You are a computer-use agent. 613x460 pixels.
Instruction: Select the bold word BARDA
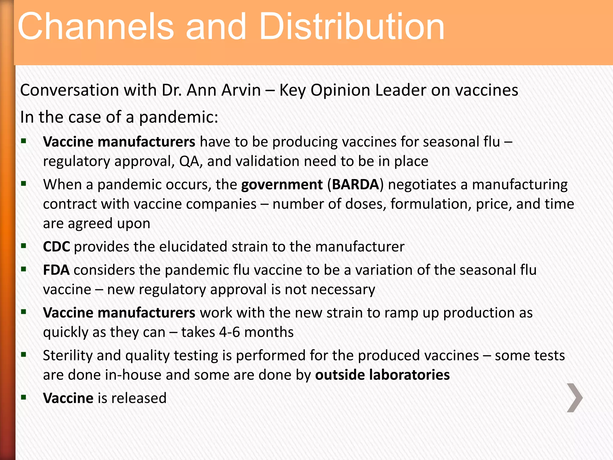click(x=356, y=184)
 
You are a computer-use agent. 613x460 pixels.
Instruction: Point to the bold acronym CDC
click(x=57, y=247)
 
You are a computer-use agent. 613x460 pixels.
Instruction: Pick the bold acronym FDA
click(x=56, y=270)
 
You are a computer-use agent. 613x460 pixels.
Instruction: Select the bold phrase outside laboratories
click(x=382, y=375)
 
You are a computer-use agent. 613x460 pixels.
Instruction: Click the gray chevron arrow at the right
click(x=575, y=398)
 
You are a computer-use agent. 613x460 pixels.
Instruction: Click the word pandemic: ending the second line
click(x=179, y=117)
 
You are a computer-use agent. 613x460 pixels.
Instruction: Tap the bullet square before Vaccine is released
click(x=24, y=397)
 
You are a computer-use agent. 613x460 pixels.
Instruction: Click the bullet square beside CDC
click(x=24, y=246)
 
